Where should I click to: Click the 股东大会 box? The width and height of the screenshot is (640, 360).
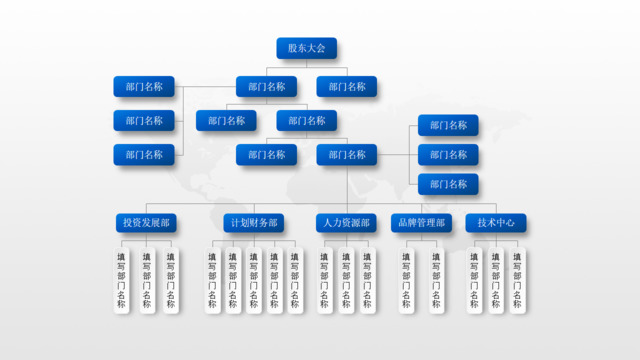coord(306,48)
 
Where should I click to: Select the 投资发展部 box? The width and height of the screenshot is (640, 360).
coord(145,223)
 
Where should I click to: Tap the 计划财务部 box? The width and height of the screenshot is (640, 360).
coord(253,223)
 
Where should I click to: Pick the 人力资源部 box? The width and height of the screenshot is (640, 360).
coord(346,223)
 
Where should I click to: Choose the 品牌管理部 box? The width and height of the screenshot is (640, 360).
coord(421,223)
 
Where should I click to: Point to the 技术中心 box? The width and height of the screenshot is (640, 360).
coord(496,223)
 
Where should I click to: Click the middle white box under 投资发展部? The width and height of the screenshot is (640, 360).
coord(146,280)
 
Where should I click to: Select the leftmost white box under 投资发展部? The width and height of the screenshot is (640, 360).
coord(122,280)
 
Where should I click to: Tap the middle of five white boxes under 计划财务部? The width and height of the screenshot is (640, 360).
coord(253,280)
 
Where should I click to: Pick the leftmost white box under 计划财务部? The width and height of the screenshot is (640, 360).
coord(211,280)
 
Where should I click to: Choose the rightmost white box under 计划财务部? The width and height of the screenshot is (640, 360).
coord(294,280)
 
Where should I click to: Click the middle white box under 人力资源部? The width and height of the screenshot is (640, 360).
coord(346,280)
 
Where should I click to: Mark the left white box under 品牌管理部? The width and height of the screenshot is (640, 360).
coord(405,280)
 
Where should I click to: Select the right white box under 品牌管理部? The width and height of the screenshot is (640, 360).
coord(436,280)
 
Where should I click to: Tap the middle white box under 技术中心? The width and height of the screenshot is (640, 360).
coord(496,280)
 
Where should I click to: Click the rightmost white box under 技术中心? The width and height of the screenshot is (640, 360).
coord(518,280)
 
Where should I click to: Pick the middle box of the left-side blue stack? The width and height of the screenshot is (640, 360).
coord(144,121)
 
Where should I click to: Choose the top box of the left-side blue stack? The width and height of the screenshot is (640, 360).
coord(144,87)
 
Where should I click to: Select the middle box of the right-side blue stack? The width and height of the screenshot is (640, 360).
coord(448,155)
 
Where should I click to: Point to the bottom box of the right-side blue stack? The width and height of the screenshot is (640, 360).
coord(448,185)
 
